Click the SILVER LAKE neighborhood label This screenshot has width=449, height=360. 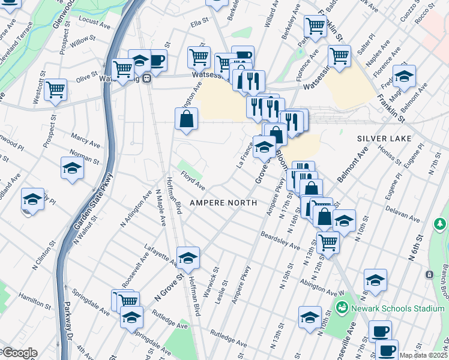click(x=384, y=139)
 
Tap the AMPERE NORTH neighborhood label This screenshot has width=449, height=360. click(x=223, y=203)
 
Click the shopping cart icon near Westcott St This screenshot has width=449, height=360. click(x=55, y=90)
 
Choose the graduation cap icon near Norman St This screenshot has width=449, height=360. click(x=72, y=168)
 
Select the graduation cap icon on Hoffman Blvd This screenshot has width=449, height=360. click(x=188, y=257)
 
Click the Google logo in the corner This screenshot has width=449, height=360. click(x=19, y=353)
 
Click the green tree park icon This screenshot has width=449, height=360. click(x=440, y=224)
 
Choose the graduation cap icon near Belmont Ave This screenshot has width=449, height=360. click(x=405, y=76)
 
